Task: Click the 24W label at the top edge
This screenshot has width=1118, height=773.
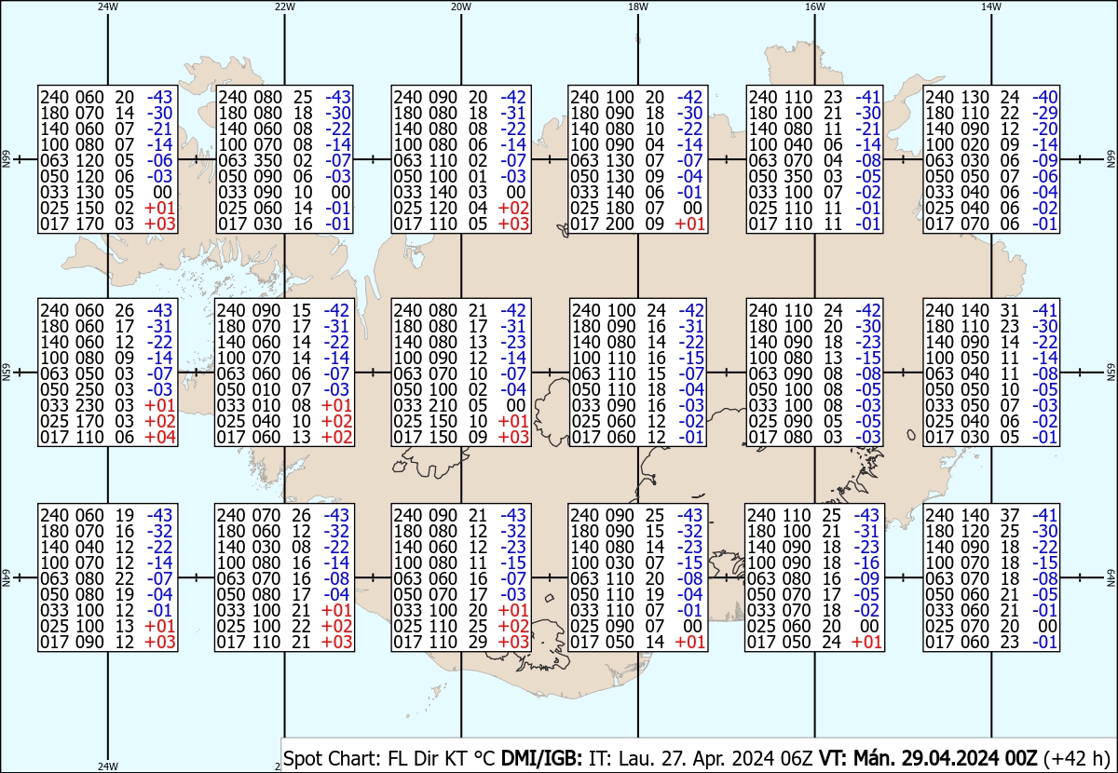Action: pyautogui.click(x=108, y=7)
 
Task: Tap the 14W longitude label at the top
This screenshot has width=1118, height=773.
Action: pyautogui.click(x=991, y=7)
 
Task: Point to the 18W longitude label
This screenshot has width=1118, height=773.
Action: pyautogui.click(x=638, y=7)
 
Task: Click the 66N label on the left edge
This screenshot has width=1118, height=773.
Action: pyautogui.click(x=7, y=159)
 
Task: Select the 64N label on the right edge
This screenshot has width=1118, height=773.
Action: pyautogui.click(x=1111, y=577)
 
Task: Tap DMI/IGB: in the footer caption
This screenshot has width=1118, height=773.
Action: pyautogui.click(x=541, y=758)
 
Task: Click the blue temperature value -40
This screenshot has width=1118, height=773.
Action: pyautogui.click(x=1045, y=97)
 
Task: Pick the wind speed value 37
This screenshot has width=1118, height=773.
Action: pyautogui.click(x=1009, y=515)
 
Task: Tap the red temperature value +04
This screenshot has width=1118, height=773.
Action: pyautogui.click(x=159, y=437)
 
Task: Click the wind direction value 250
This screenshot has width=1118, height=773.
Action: pyautogui.click(x=89, y=389)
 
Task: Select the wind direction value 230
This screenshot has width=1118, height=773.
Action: pyautogui.click(x=89, y=405)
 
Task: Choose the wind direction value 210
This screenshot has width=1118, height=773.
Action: pyautogui.click(x=443, y=405)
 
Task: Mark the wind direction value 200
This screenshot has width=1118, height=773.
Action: pyautogui.click(x=620, y=224)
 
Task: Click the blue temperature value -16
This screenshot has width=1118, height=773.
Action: pyautogui.click(x=866, y=563)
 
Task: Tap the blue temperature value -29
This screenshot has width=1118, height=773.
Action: pyautogui.click(x=1045, y=113)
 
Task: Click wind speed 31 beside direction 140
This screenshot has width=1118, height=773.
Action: pyautogui.click(x=1009, y=310)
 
